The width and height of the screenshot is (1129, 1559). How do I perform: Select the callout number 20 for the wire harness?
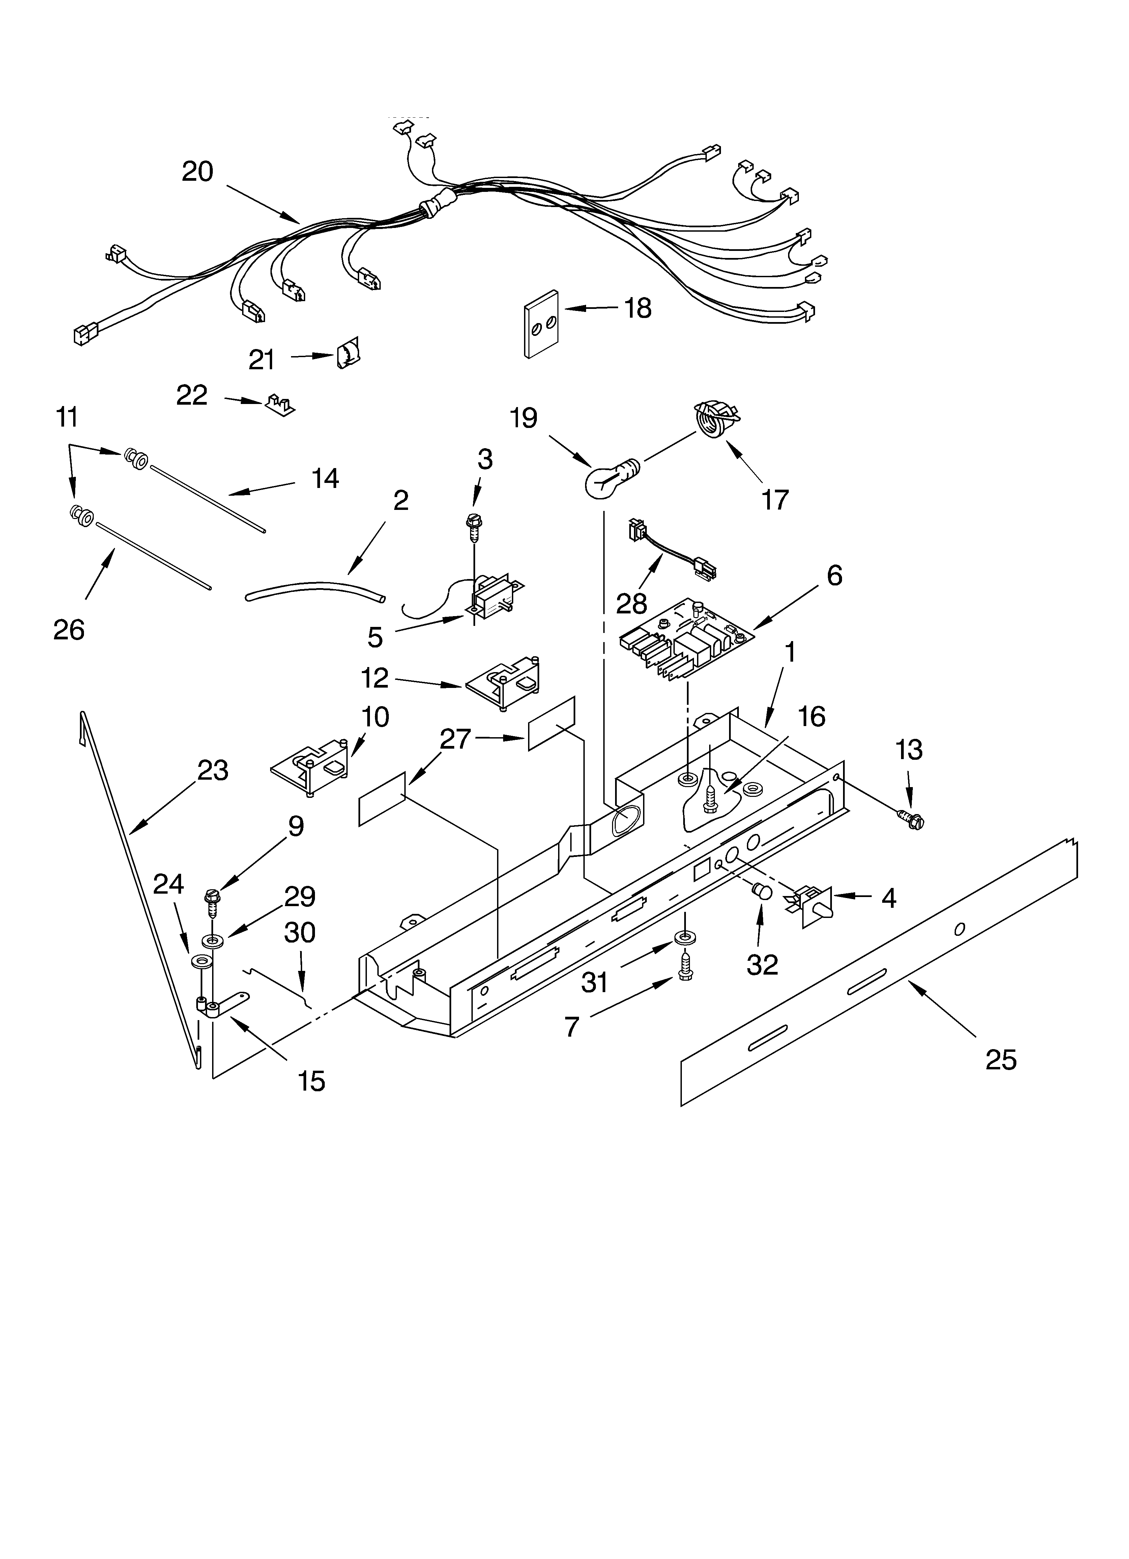pos(197,172)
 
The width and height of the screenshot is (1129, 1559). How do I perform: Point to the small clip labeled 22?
pos(280,405)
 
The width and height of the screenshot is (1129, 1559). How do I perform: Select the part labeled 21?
pos(349,355)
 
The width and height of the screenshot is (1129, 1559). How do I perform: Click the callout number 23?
pos(212,771)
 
